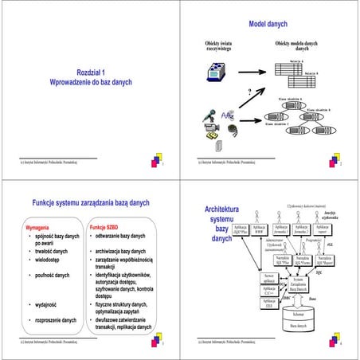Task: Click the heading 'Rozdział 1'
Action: [x=90, y=72]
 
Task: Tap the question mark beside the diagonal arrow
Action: [x=249, y=92]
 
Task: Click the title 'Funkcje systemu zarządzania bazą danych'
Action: [x=90, y=203]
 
